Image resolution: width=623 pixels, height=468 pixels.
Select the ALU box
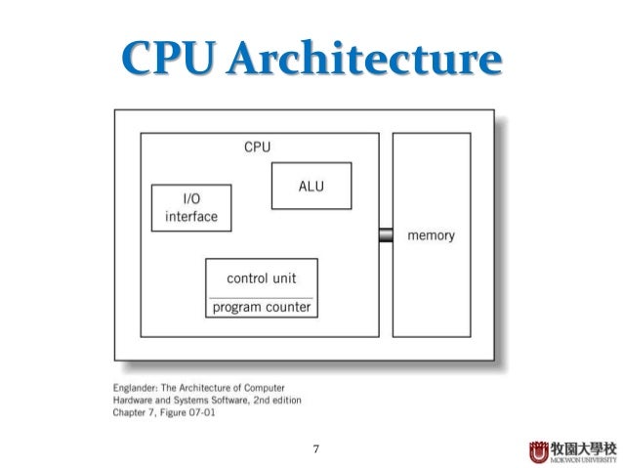pos(311,186)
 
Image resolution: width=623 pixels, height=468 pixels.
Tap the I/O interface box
pos(191,208)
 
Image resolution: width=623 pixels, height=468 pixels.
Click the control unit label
pos(261,277)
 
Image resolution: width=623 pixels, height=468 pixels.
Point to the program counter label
pos(261,308)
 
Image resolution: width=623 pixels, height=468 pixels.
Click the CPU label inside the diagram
pos(257,149)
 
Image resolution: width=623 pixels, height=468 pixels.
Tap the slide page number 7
pos(314,450)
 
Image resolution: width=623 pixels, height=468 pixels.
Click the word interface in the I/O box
pos(191,217)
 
